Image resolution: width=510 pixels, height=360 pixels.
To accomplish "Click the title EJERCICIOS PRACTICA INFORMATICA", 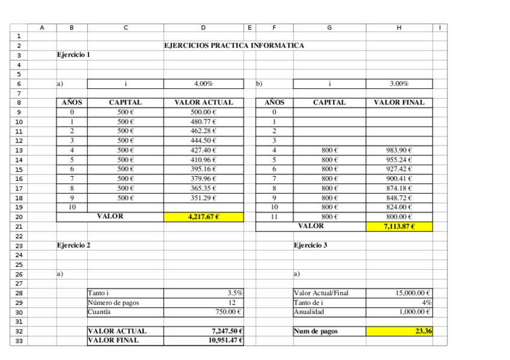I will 234,46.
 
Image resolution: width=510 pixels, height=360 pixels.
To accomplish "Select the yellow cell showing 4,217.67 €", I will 203,217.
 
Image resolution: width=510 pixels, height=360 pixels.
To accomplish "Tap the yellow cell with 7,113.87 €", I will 399,227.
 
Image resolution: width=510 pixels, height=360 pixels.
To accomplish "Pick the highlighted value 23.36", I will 399,331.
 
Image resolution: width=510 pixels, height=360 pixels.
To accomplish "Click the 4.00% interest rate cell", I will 203,84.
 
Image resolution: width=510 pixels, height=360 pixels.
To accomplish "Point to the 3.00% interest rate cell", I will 399,84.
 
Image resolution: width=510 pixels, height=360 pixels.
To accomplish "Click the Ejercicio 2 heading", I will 73,245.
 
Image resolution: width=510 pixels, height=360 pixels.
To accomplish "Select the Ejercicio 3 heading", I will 310,245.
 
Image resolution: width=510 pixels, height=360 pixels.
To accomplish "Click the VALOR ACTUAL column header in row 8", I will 203,103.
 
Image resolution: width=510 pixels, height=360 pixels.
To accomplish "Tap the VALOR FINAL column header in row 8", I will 399,103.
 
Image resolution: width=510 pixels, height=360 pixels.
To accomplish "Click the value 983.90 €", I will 399,150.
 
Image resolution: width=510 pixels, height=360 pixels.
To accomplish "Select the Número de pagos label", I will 114,303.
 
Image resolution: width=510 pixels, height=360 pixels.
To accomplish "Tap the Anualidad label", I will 309,312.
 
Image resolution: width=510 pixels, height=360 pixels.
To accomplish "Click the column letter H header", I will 399,27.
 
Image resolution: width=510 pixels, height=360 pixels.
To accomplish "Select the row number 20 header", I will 19,217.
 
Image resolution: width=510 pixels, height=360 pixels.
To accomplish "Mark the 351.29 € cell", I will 203,198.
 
